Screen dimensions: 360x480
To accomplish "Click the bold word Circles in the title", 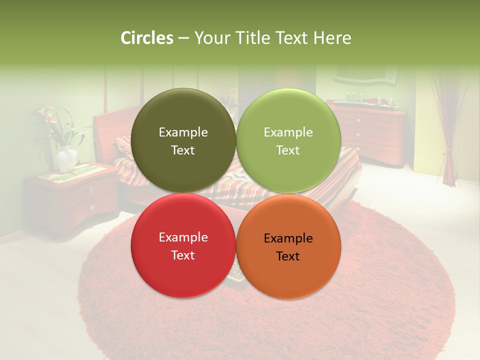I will point(146,38).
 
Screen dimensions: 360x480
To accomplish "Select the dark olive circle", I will point(183,140).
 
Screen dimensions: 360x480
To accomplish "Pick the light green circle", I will point(288,140).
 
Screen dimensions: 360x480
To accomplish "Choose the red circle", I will point(183,245).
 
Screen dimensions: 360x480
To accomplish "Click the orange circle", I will point(288,245).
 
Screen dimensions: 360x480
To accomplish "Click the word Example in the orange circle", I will point(288,238).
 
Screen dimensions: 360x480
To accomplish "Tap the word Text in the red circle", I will point(183,255).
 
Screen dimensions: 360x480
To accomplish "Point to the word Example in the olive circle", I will point(183,132).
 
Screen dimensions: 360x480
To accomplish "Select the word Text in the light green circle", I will point(288,150).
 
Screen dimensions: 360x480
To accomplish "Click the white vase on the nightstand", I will point(66,159).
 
